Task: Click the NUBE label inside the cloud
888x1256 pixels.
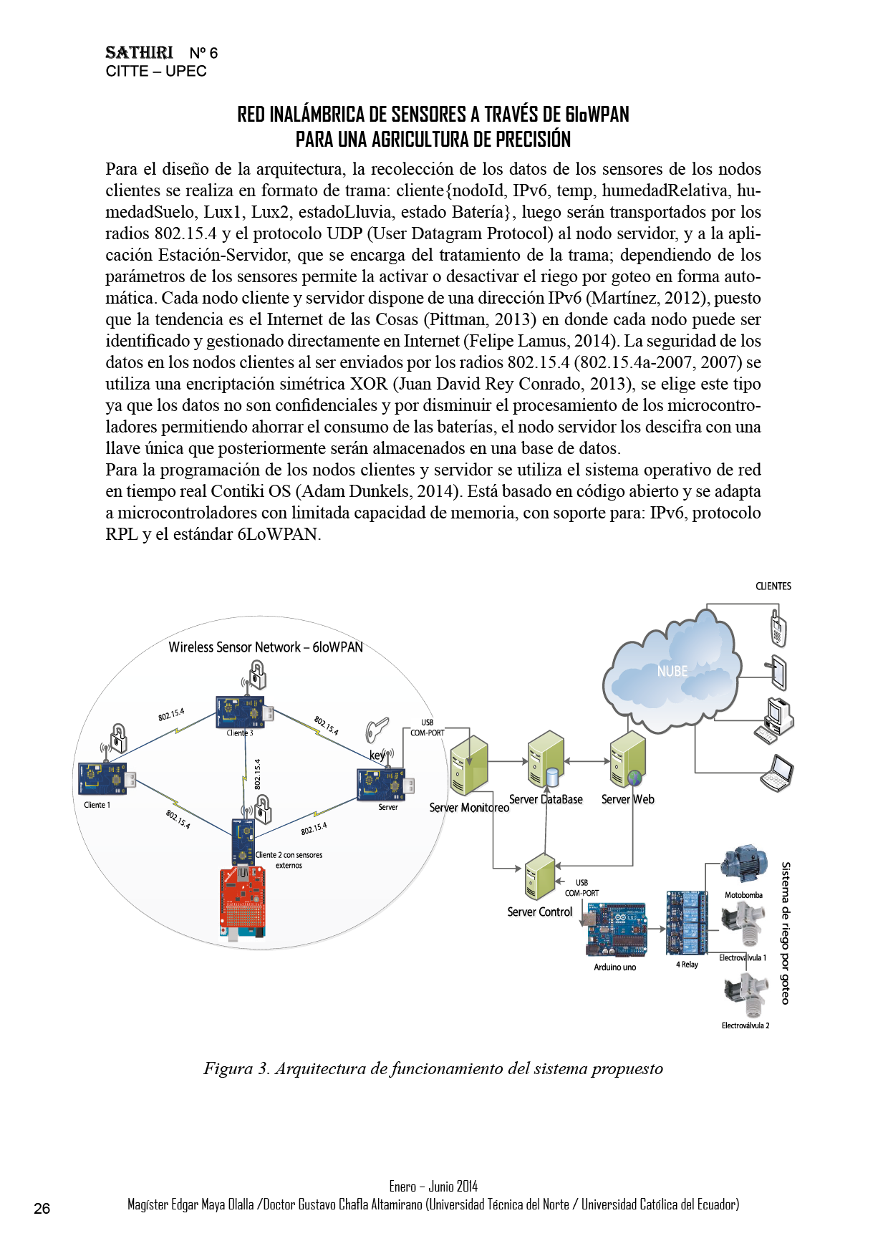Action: [672, 671]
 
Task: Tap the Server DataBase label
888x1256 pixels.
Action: [546, 799]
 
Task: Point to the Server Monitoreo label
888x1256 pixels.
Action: [469, 808]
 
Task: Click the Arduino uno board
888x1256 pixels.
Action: [616, 929]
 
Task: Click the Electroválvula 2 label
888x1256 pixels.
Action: [745, 1025]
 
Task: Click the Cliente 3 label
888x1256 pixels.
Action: [240, 733]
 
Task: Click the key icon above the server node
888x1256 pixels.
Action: [377, 730]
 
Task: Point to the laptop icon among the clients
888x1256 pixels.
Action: [778, 773]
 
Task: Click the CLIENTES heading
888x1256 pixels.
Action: [773, 586]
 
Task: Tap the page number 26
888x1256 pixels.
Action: [42, 1209]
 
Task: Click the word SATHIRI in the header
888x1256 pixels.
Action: [139, 53]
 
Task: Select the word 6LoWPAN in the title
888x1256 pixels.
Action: [597, 115]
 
